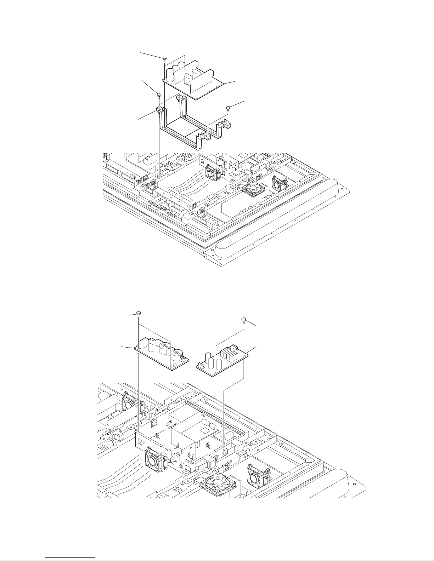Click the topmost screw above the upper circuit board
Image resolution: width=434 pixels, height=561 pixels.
coord(164,58)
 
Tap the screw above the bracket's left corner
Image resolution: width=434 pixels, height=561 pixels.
coord(159,95)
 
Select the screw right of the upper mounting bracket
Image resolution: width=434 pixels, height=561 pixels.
coord(229,107)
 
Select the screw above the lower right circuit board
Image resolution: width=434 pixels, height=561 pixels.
coord(244,320)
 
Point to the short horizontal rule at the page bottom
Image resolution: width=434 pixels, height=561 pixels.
coord(71,557)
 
